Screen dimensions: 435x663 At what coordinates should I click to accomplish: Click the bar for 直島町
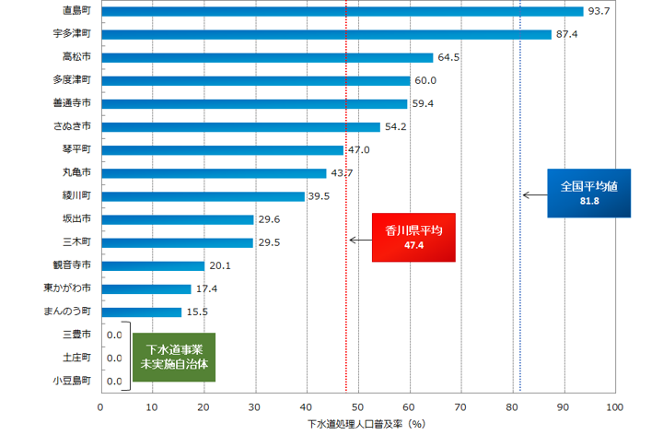point(341,11)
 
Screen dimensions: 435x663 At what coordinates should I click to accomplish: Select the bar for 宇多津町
point(325,34)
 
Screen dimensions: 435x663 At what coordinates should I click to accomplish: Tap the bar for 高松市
point(267,57)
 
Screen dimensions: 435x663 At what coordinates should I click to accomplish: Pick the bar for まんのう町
point(141,312)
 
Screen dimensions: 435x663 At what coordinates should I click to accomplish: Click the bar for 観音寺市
point(153,265)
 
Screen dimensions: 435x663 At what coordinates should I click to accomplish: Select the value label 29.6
point(270,219)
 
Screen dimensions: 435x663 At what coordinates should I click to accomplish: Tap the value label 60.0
point(425,80)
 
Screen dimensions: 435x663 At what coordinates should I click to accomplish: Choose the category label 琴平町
point(76,149)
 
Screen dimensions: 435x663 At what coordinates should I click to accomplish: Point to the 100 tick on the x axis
point(615,406)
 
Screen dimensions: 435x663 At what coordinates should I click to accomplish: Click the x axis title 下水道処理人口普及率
point(365,425)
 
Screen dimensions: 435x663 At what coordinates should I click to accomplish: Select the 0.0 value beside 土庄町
point(114,358)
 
